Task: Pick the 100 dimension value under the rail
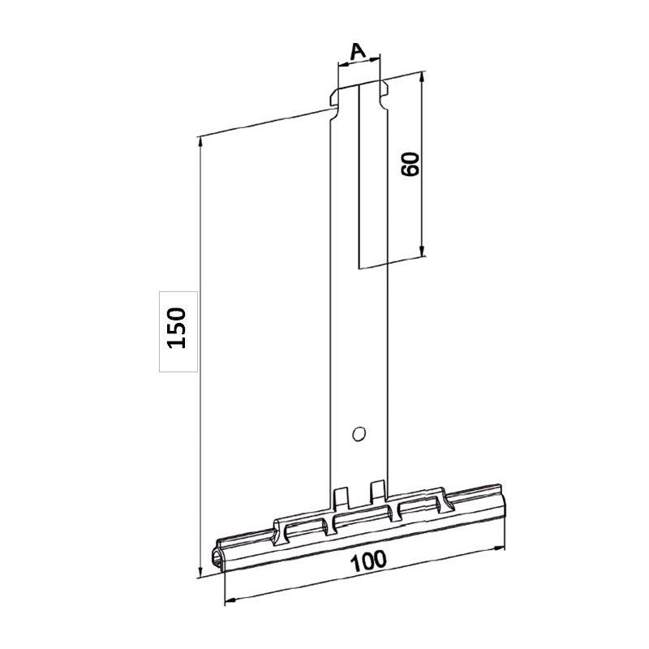(x=368, y=561)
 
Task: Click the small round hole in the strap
(x=356, y=434)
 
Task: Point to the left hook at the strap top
(x=334, y=100)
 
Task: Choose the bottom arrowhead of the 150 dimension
(x=199, y=572)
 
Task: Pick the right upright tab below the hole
(x=376, y=489)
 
